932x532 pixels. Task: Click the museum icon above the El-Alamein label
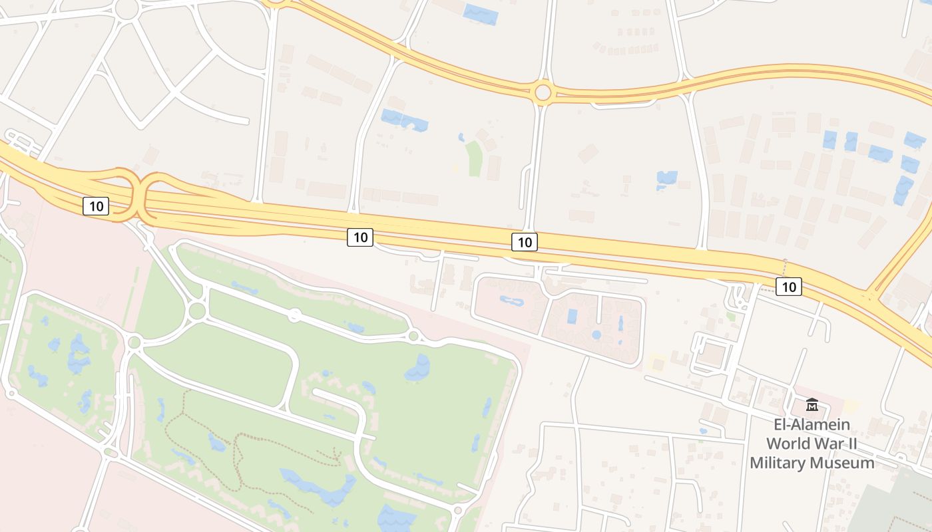coord(812,404)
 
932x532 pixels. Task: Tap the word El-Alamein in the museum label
coord(812,424)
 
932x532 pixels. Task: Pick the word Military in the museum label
coord(778,463)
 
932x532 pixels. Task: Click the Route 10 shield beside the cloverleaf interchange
coord(96,206)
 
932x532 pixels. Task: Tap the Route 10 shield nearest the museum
coord(788,287)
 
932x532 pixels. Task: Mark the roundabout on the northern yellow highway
coord(543,92)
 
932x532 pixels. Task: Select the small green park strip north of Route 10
coord(474,159)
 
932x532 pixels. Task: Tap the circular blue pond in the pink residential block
coord(596,334)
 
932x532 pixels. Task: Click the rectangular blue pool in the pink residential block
coord(572,317)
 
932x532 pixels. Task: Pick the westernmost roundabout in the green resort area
coord(134,342)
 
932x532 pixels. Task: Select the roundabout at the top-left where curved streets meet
coord(126,8)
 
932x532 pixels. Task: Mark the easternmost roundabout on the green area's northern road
coord(413,336)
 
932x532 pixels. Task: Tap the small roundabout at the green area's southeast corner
coord(457,511)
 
